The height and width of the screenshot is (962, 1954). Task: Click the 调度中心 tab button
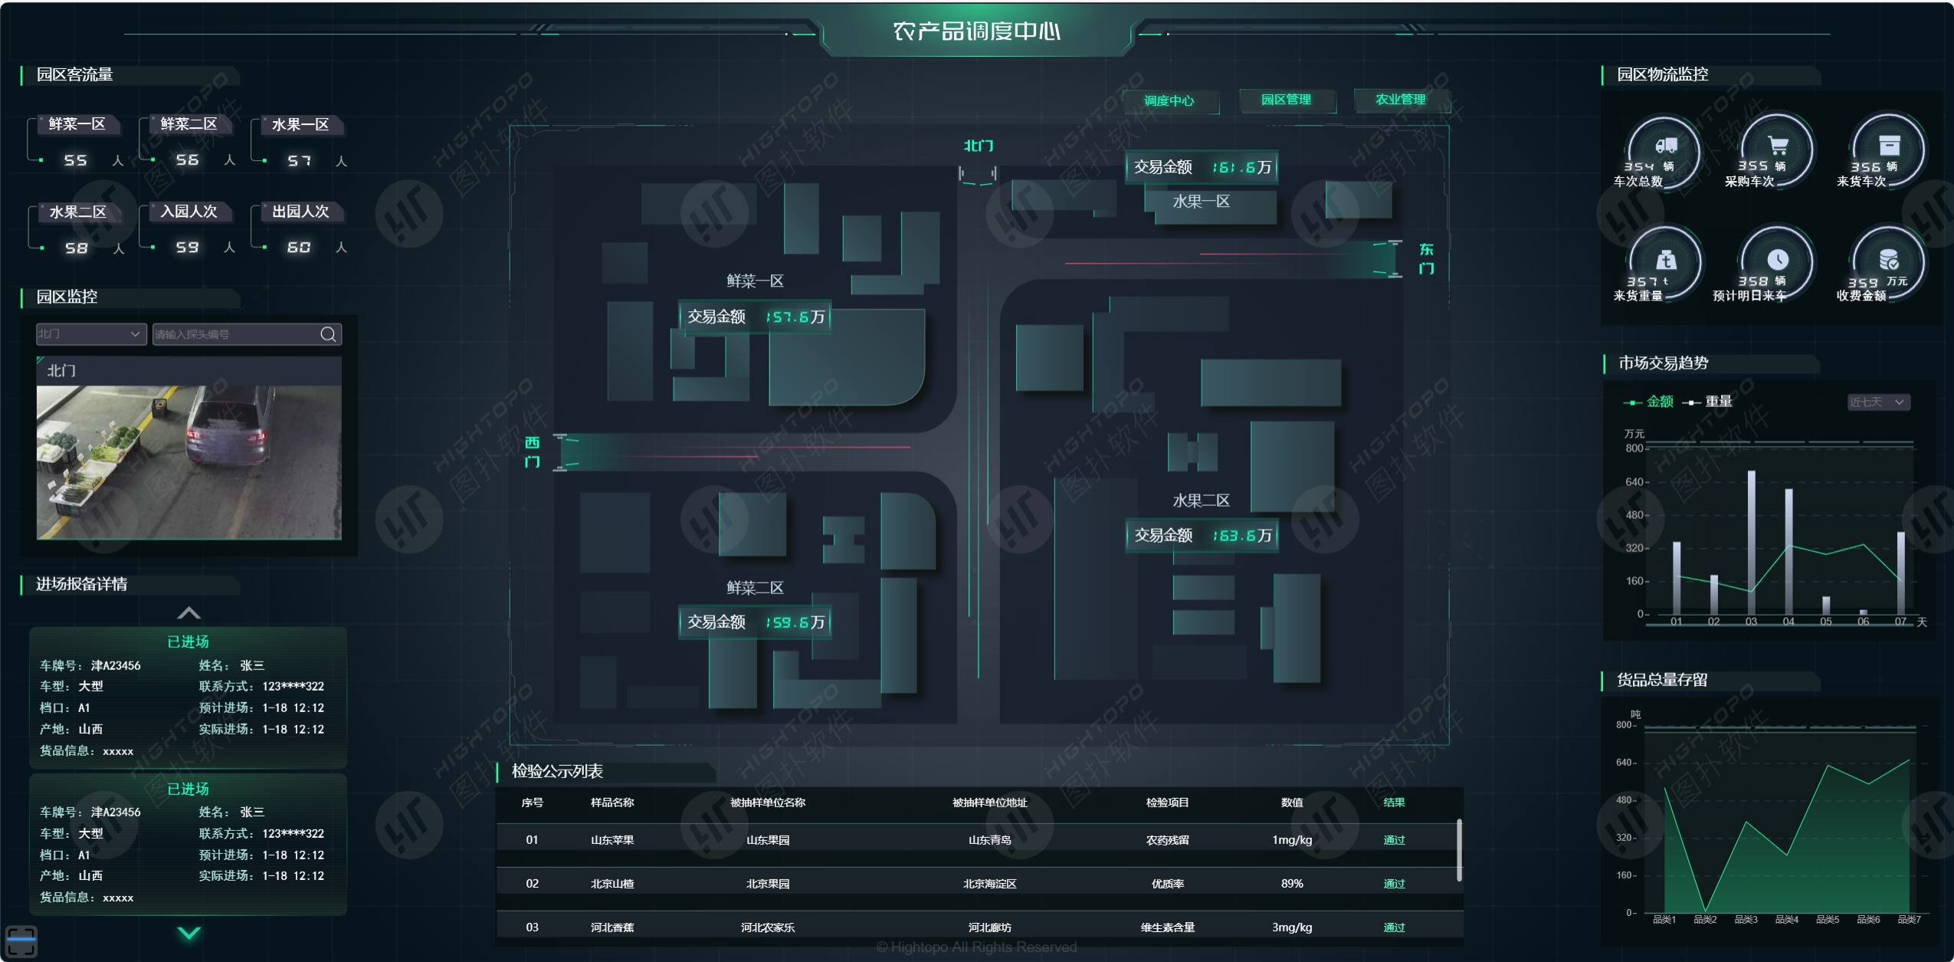1169,100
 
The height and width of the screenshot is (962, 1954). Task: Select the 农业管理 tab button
1400,100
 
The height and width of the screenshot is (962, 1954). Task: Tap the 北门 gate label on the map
978,146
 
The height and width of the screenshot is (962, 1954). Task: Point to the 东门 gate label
1426,259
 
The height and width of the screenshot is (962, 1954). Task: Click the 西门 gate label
532,452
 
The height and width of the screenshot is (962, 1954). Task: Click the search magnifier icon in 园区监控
328,334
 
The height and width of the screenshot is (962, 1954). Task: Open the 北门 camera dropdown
90,334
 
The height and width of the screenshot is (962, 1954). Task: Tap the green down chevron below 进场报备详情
189,933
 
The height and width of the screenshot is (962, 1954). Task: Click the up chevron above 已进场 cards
189,613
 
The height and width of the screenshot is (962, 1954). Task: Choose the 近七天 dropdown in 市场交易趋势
1878,402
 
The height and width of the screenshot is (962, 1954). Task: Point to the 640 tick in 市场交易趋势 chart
1634,482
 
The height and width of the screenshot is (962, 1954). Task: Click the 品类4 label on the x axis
1786,920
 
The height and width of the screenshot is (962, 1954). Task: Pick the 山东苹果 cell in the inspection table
612,840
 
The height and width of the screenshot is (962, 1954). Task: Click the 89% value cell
1292,884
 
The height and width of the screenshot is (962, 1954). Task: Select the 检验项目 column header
1167,803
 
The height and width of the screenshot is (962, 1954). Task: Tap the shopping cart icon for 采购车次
1778,146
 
